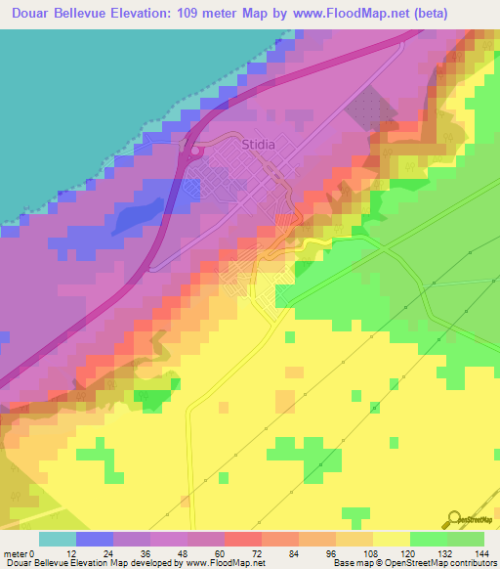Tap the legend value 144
[x=481, y=553]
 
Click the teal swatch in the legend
[x=57, y=539]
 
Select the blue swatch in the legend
[x=94, y=539]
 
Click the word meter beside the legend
[x=16, y=553]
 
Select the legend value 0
[x=37, y=553]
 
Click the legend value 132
[x=444, y=553]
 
